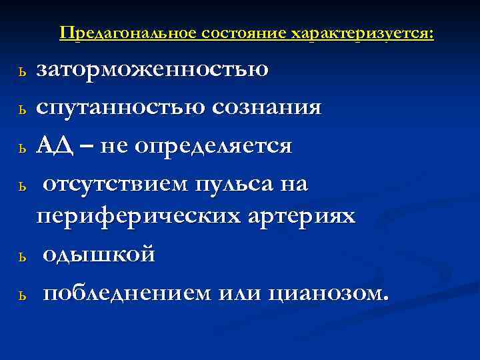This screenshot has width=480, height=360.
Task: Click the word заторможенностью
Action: pyautogui.click(x=153, y=70)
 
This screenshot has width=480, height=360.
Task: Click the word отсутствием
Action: pyautogui.click(x=115, y=183)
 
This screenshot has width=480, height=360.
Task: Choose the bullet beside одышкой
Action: pyautogui.click(x=23, y=257)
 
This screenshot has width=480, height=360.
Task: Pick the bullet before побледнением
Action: pyautogui.click(x=23, y=295)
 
